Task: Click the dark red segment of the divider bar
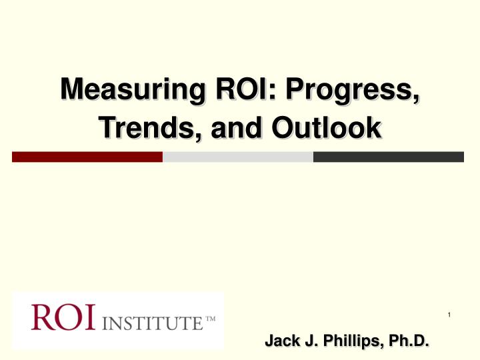pyautogui.click(x=87, y=157)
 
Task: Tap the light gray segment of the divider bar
pyautogui.click(x=238, y=157)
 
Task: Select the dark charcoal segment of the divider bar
pyautogui.click(x=388, y=157)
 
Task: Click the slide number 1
pyautogui.click(x=451, y=314)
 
